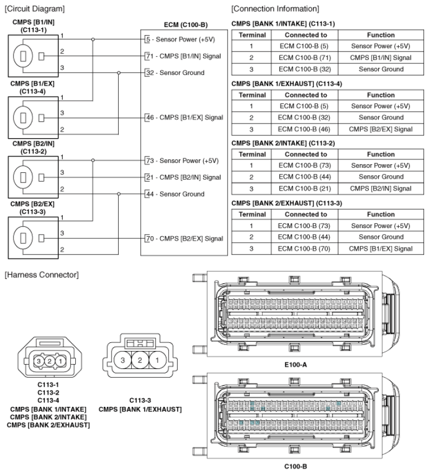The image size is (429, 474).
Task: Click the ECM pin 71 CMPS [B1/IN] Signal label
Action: click(x=183, y=56)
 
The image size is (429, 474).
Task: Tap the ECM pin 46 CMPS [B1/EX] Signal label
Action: click(x=184, y=117)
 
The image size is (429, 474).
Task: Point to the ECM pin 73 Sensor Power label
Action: click(x=181, y=161)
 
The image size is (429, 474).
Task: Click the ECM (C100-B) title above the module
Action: click(x=186, y=24)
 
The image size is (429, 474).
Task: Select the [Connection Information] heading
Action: click(x=275, y=9)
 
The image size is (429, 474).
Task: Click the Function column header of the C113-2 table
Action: click(x=380, y=154)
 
